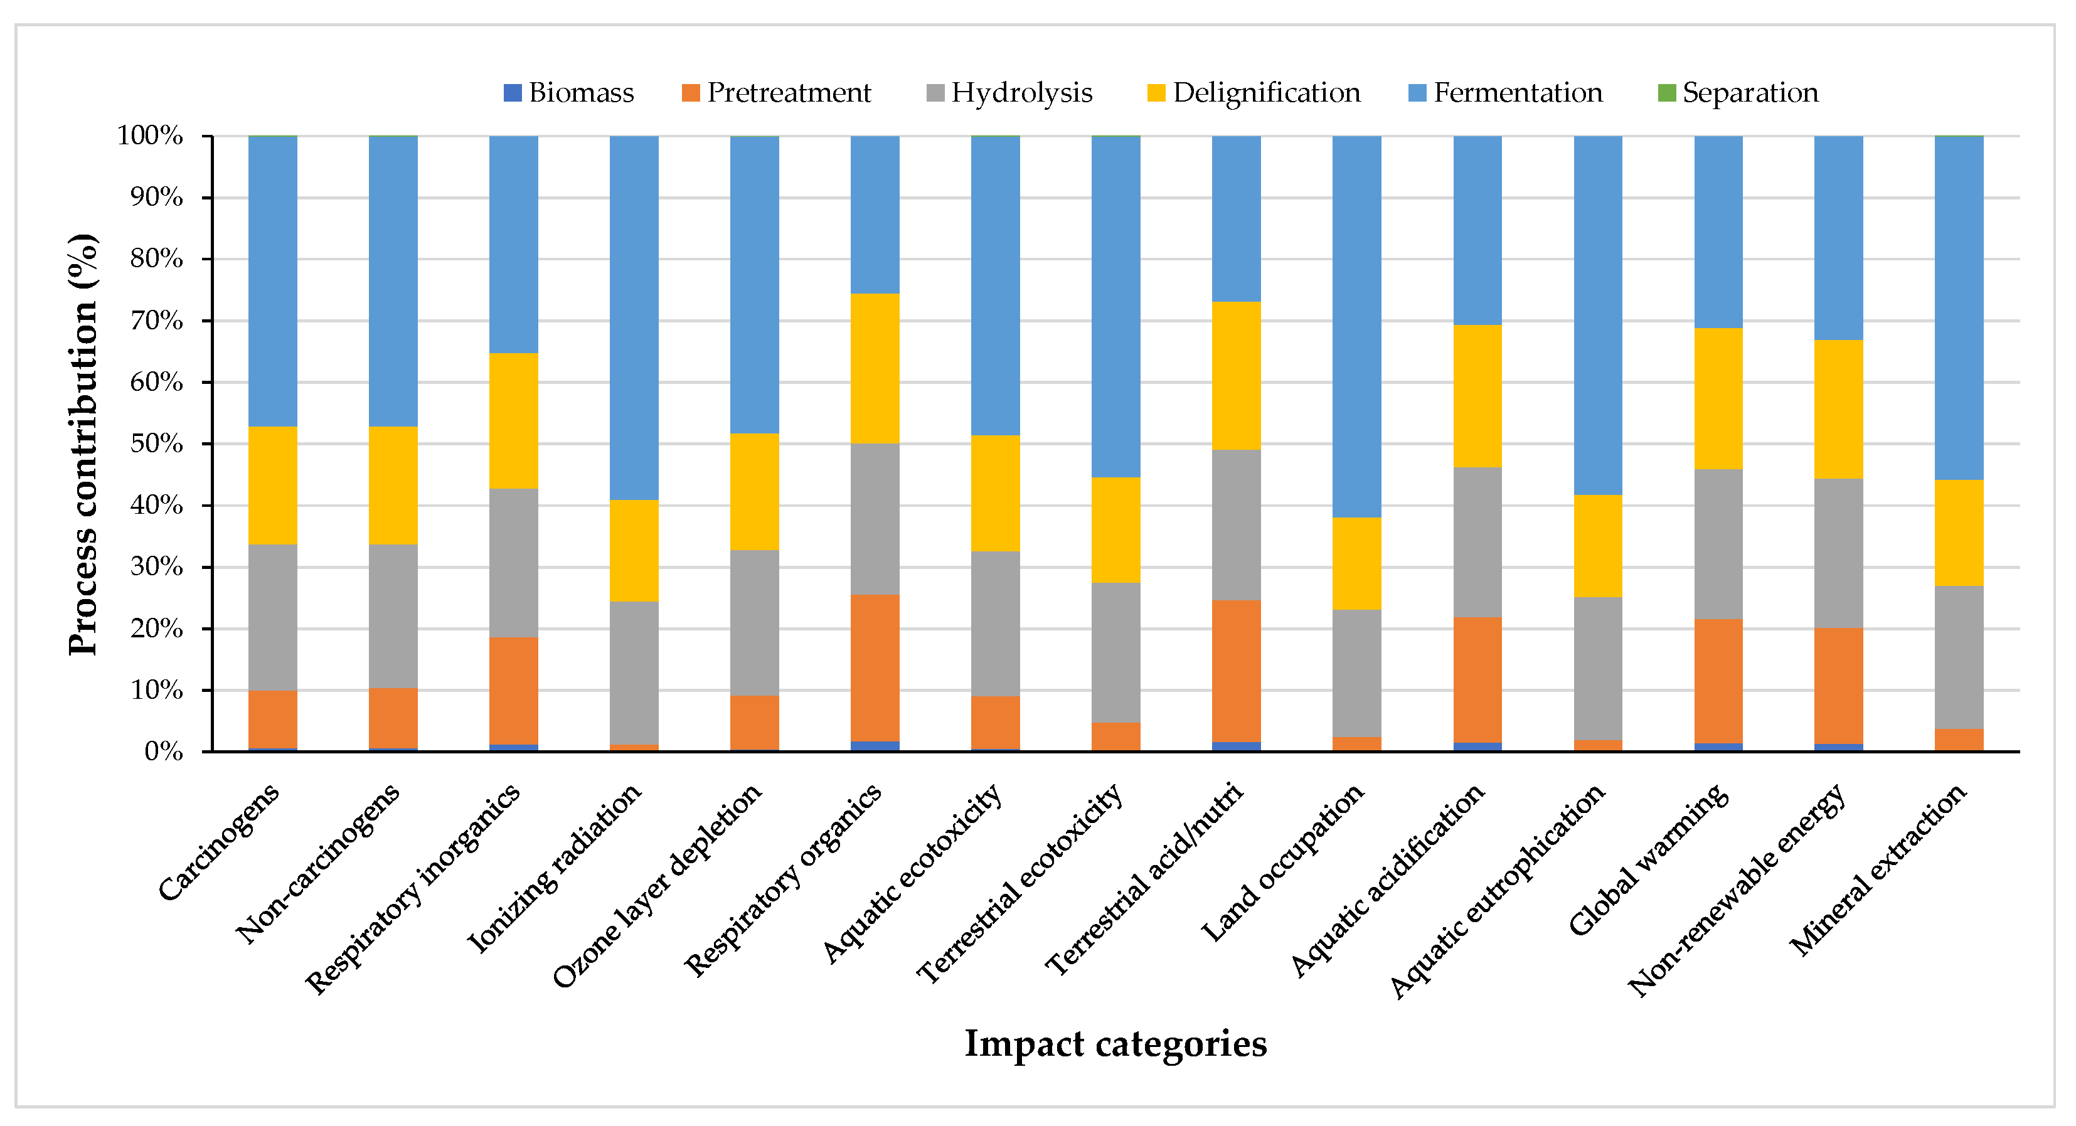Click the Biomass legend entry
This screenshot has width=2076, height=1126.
[569, 93]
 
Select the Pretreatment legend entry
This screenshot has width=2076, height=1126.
[776, 93]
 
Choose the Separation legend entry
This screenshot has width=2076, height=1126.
[1738, 93]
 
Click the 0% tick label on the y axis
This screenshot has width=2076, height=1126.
[164, 752]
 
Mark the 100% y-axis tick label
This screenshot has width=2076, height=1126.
[150, 135]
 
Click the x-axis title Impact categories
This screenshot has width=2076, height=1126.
[1115, 1043]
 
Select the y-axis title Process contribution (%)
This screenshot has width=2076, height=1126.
[83, 444]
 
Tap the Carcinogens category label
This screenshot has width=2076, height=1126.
[219, 841]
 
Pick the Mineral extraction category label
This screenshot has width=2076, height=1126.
[1878, 869]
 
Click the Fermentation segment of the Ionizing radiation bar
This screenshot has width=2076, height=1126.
[634, 317]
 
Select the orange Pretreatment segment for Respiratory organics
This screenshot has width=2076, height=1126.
[875, 668]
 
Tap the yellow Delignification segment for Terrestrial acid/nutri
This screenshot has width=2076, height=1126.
[1237, 376]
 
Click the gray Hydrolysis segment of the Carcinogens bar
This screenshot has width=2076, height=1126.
[272, 617]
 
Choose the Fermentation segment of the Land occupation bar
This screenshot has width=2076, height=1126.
[1357, 326]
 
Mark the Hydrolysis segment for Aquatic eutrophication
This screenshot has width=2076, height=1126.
[1598, 669]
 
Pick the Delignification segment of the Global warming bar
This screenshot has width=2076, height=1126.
[1719, 399]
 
